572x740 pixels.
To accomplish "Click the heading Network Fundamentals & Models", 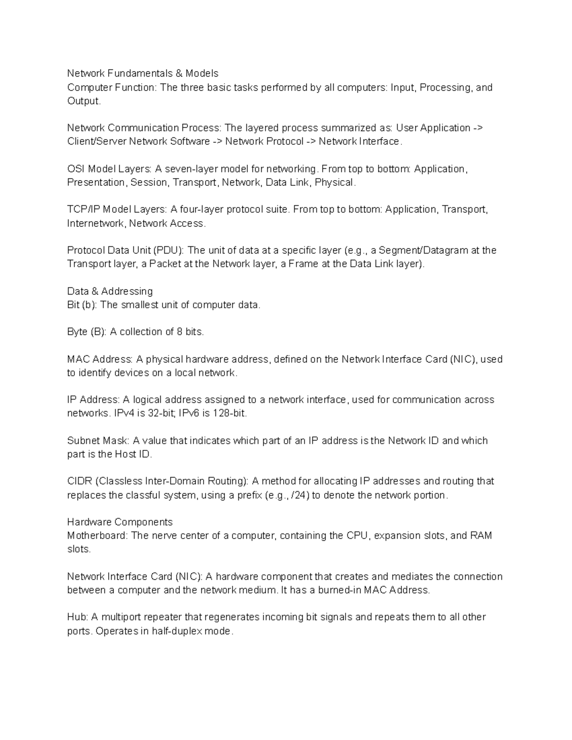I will tap(143, 73).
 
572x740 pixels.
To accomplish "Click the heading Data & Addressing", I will tap(110, 291).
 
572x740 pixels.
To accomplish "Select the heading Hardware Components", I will tap(120, 522).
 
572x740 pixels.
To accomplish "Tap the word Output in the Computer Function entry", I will tap(83, 101).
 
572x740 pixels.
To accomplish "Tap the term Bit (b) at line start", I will tap(81, 305).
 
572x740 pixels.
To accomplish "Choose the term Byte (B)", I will tap(86, 332).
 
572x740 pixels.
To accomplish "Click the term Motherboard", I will tap(97, 536).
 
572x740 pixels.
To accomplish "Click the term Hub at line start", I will tap(76, 618).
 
